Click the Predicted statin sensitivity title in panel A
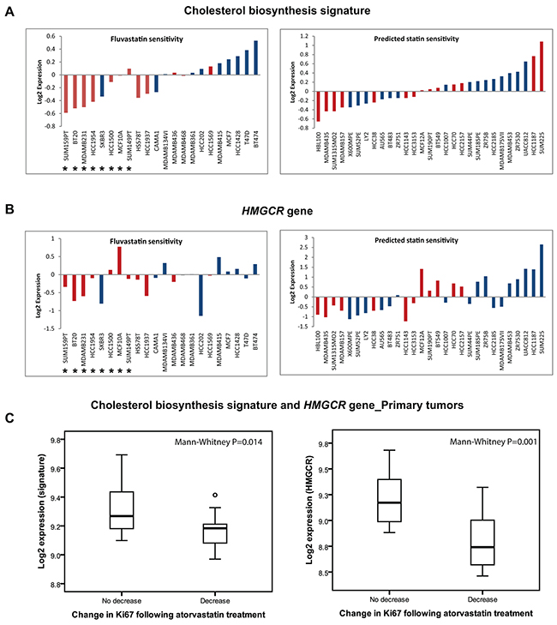(422, 40)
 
